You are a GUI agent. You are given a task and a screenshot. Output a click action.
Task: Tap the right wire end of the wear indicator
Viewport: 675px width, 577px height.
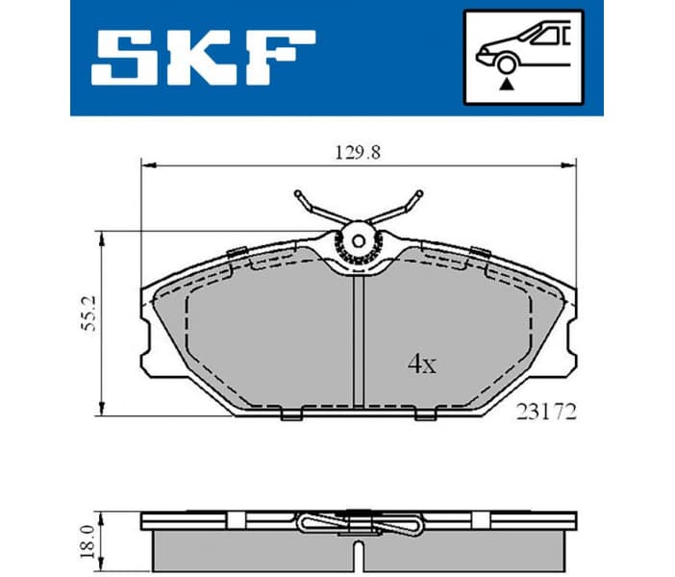tap(416, 199)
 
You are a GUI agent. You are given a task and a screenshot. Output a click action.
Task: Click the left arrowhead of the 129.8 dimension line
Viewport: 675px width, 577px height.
tap(147, 165)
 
